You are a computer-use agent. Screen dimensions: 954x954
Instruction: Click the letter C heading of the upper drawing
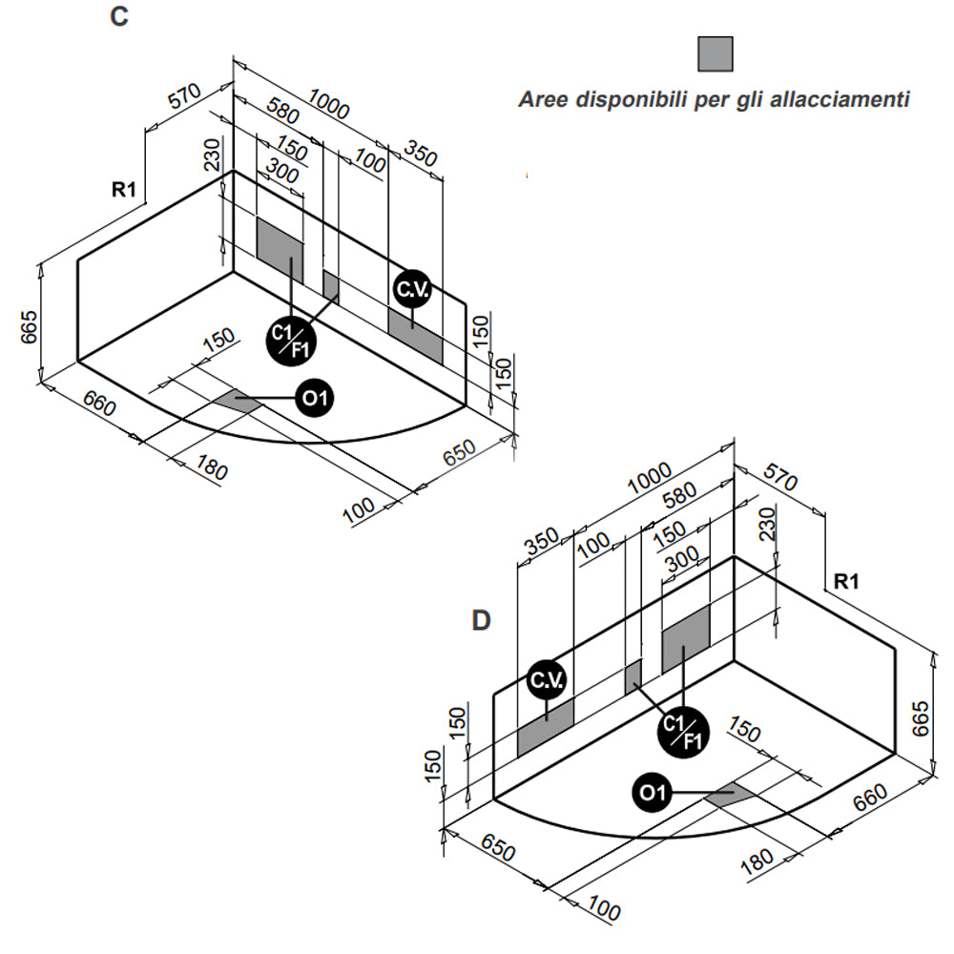(x=118, y=18)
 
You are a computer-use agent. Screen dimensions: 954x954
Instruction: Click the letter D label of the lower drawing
(x=482, y=621)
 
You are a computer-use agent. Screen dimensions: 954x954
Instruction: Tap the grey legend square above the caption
(x=715, y=54)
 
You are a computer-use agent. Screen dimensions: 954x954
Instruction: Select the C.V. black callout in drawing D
(x=547, y=681)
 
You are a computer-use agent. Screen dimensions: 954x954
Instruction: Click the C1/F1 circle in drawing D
(x=685, y=732)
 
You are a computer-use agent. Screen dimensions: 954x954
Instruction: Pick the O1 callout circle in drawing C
(x=315, y=398)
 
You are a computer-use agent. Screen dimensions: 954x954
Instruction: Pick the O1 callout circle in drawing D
(x=653, y=792)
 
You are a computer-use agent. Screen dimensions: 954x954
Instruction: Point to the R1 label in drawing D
(x=847, y=581)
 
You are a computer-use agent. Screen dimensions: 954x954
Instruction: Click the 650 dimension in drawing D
(x=500, y=849)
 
